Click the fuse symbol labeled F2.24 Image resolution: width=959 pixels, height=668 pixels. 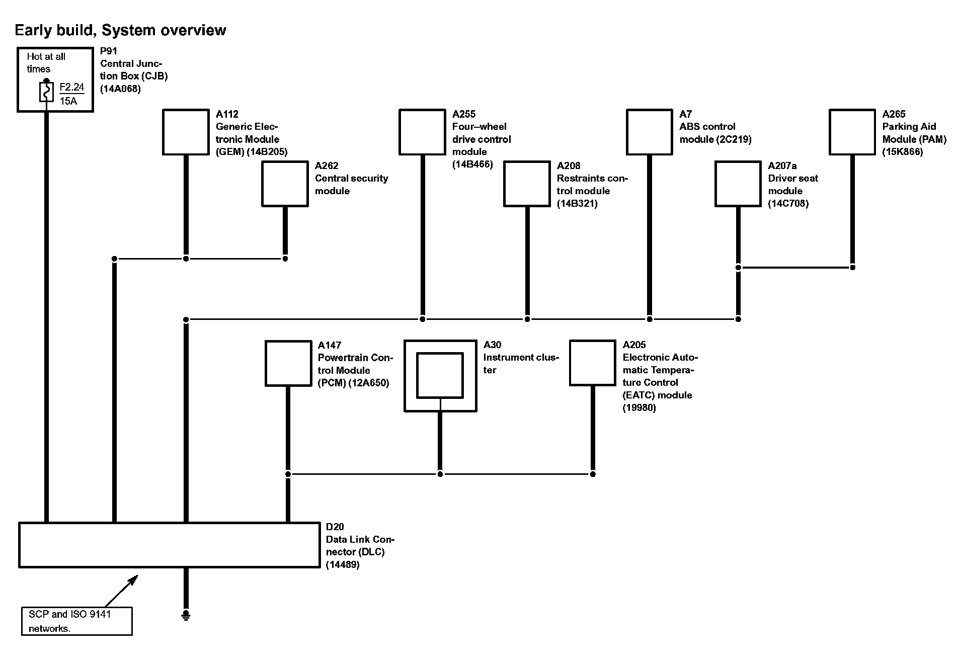46,93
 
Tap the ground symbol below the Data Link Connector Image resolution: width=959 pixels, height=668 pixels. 186,615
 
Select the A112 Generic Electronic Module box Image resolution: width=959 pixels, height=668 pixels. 186,132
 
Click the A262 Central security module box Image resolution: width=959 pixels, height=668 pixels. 285,184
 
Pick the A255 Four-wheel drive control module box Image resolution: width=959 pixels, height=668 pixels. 422,132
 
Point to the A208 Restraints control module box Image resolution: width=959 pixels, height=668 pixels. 527,184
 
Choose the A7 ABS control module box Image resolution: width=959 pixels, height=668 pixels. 649,132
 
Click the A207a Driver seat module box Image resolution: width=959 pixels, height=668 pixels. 738,184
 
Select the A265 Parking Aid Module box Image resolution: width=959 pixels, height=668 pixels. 852,132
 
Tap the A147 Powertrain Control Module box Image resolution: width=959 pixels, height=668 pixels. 288,363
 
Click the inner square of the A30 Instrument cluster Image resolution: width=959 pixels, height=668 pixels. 440,375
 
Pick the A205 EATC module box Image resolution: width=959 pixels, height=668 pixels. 592,363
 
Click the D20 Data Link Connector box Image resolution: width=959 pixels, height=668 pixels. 169,545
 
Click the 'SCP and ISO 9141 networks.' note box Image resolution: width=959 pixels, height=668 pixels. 76,621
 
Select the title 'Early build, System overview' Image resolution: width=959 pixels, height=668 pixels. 120,30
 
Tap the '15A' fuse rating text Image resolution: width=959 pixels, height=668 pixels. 68,101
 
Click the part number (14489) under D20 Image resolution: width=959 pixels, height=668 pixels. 342,564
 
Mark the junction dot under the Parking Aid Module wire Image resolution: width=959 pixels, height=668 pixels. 852,267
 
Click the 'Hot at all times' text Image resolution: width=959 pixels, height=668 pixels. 46,63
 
